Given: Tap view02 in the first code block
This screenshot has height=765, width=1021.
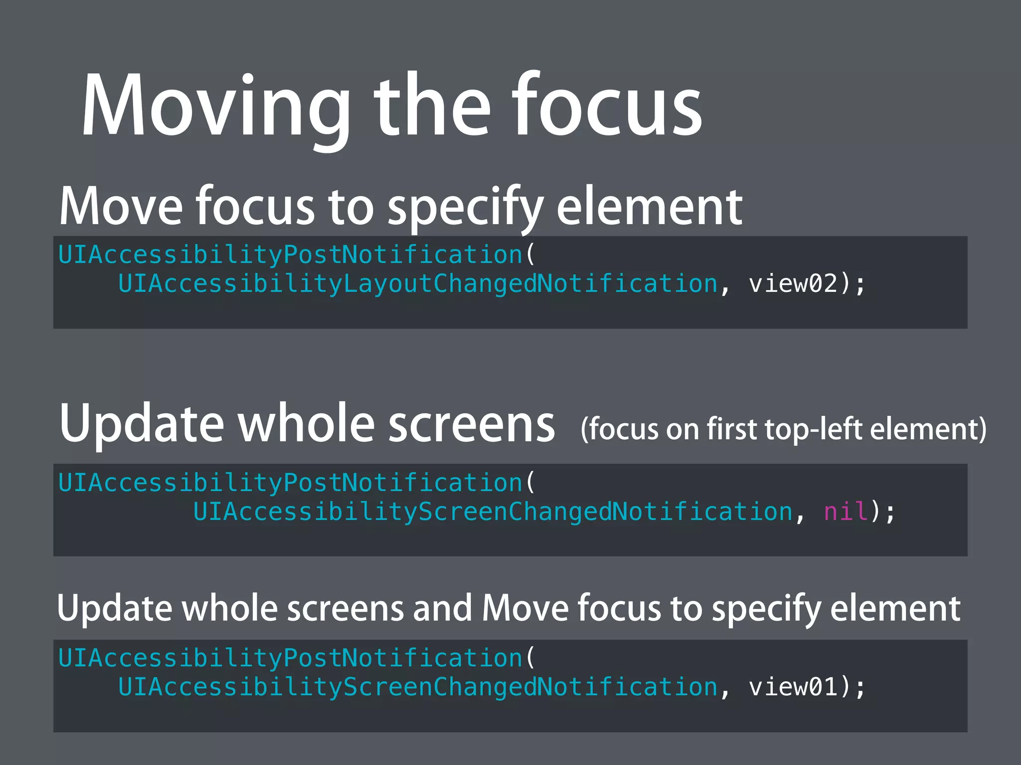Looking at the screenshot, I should click(x=793, y=283).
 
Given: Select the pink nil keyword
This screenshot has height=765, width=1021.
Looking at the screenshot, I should click(x=846, y=511).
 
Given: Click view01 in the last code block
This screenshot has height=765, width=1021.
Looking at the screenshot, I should click(x=793, y=687).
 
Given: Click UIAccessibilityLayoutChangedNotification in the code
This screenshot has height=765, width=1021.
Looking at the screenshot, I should click(x=418, y=283).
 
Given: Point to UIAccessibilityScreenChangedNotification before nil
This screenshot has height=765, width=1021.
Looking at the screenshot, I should click(x=493, y=511).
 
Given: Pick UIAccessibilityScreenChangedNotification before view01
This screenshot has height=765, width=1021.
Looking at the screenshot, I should click(x=418, y=687).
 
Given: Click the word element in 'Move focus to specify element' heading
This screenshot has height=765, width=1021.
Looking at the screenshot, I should click(x=649, y=207).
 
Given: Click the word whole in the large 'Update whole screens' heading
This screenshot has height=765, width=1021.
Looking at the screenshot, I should click(x=306, y=423).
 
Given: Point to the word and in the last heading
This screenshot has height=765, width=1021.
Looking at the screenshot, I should click(x=442, y=609).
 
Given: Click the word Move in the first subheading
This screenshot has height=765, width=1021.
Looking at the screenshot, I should click(x=121, y=207).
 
